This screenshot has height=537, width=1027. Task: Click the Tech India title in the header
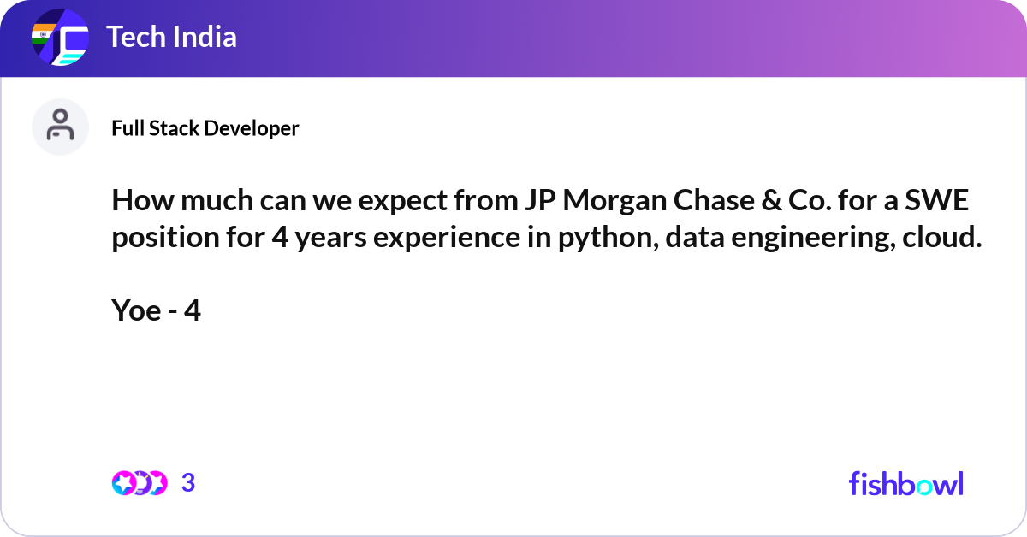[x=171, y=38]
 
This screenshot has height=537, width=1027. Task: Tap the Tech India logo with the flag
[x=60, y=38]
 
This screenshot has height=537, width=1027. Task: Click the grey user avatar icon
[x=60, y=127]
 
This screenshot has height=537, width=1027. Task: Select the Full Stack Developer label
[x=205, y=128]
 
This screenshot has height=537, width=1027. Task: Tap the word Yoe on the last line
[x=136, y=311]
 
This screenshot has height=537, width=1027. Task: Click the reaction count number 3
[x=188, y=483]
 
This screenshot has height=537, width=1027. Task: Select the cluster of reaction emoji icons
[x=139, y=483]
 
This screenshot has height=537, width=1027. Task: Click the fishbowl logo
[x=905, y=483]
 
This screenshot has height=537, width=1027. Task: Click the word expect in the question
[x=396, y=204]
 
